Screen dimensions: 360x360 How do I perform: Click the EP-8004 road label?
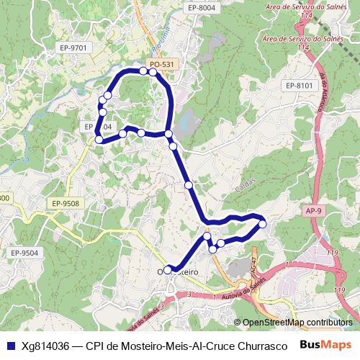[x=201, y=7]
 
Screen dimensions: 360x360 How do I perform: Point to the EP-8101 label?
[x=300, y=86]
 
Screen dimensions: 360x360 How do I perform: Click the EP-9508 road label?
[x=65, y=204]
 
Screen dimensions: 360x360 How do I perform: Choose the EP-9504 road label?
[x=24, y=253]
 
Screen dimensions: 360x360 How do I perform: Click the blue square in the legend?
[x=10, y=346]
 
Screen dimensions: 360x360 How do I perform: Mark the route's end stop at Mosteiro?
[x=168, y=270]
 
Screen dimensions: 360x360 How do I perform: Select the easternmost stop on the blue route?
[x=262, y=225]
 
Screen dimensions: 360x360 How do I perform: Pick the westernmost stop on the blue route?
[x=99, y=140]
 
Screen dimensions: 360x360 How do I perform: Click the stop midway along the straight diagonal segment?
[x=189, y=185]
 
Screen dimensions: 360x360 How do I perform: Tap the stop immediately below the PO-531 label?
[x=153, y=72]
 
